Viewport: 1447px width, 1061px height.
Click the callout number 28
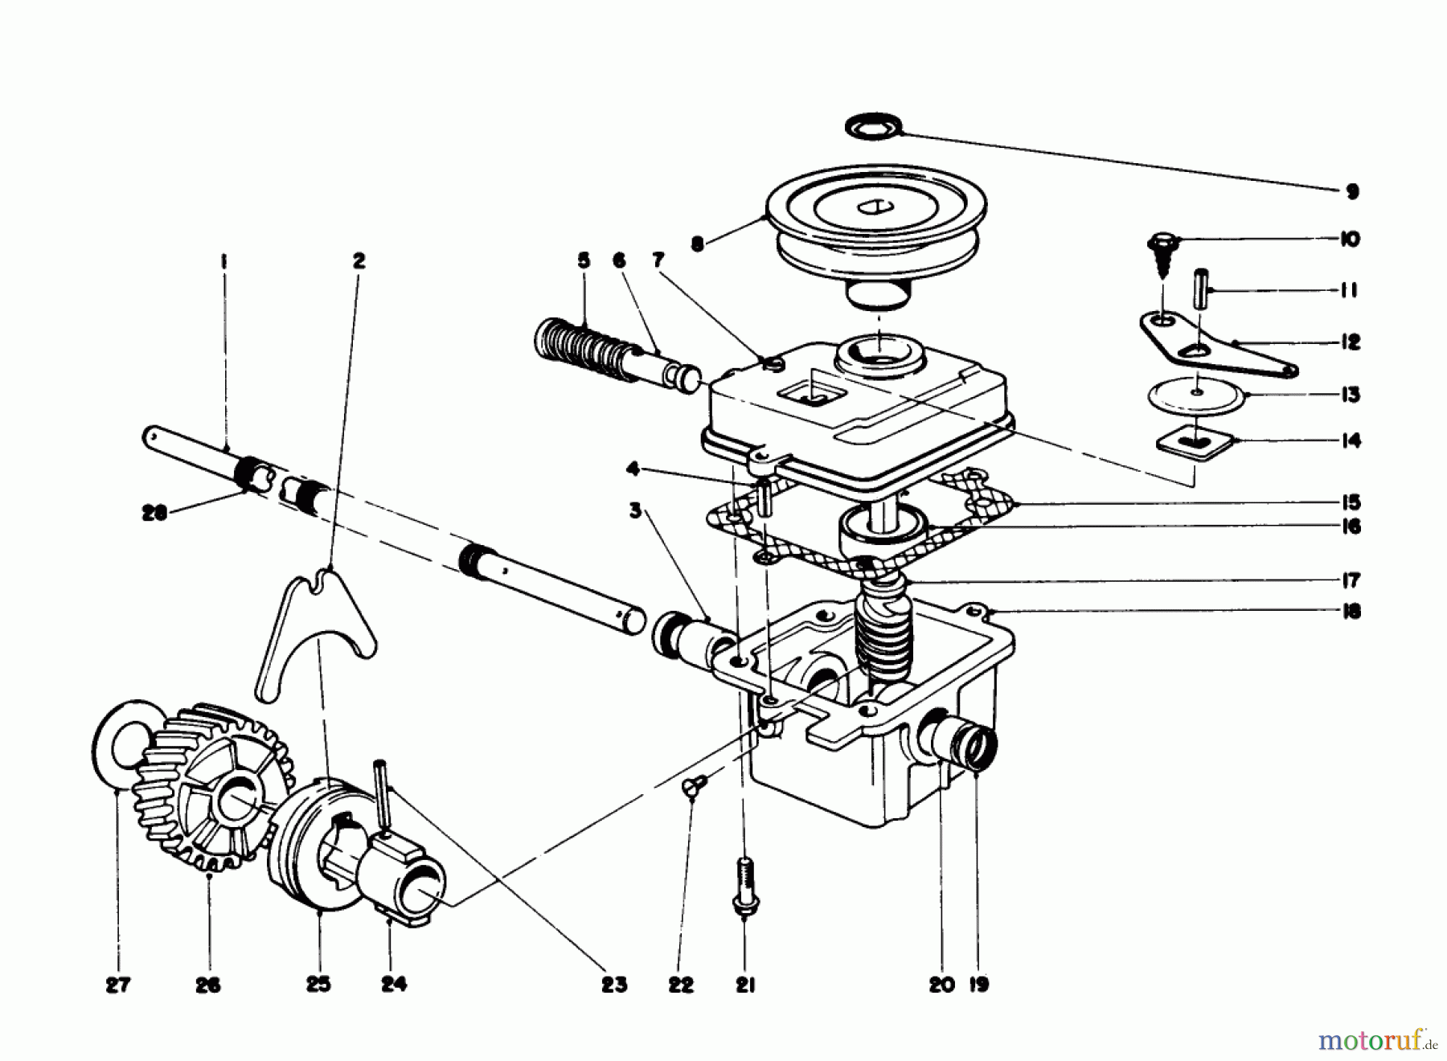click(x=154, y=513)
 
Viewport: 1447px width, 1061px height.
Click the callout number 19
click(x=979, y=985)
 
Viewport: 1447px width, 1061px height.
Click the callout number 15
click(x=1351, y=503)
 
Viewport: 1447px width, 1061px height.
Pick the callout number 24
click(x=394, y=985)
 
